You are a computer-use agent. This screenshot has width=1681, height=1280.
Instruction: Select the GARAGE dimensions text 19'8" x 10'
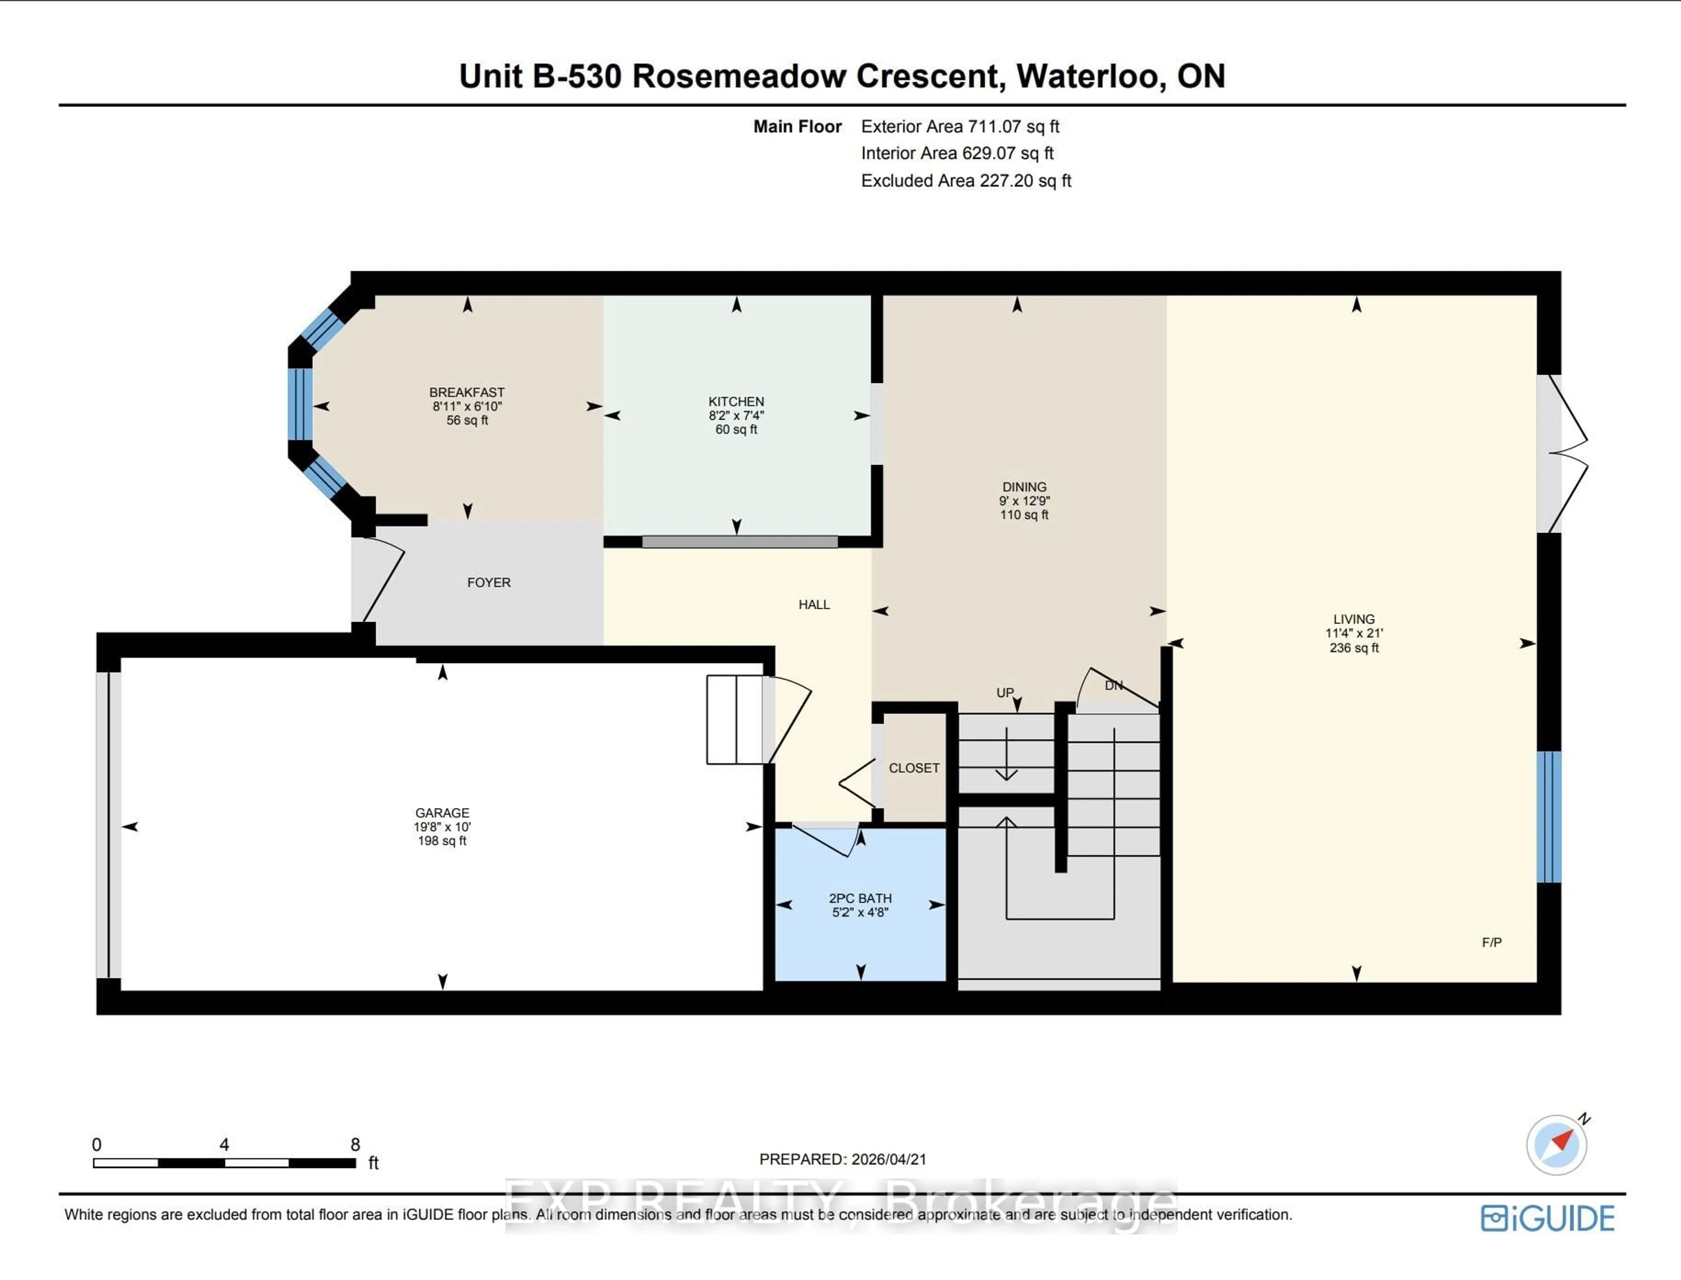(442, 827)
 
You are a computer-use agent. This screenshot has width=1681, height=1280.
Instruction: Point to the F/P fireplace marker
(1491, 943)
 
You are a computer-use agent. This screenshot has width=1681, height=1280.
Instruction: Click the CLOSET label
(914, 768)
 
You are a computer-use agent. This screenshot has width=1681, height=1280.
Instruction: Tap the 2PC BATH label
(860, 898)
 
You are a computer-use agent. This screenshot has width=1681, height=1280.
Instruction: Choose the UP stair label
(1004, 693)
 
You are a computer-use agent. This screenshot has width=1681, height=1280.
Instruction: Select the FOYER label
(489, 582)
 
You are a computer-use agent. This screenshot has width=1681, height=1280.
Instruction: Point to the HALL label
(814, 604)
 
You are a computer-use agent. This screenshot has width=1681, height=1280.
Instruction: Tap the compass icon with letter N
(1557, 1144)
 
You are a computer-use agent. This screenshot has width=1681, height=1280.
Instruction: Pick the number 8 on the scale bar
(355, 1144)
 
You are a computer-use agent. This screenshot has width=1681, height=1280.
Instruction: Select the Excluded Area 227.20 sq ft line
(965, 181)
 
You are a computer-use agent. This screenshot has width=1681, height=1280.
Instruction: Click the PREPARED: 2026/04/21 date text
(842, 1159)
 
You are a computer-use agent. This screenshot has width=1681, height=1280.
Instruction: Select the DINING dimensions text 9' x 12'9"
(1024, 501)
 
